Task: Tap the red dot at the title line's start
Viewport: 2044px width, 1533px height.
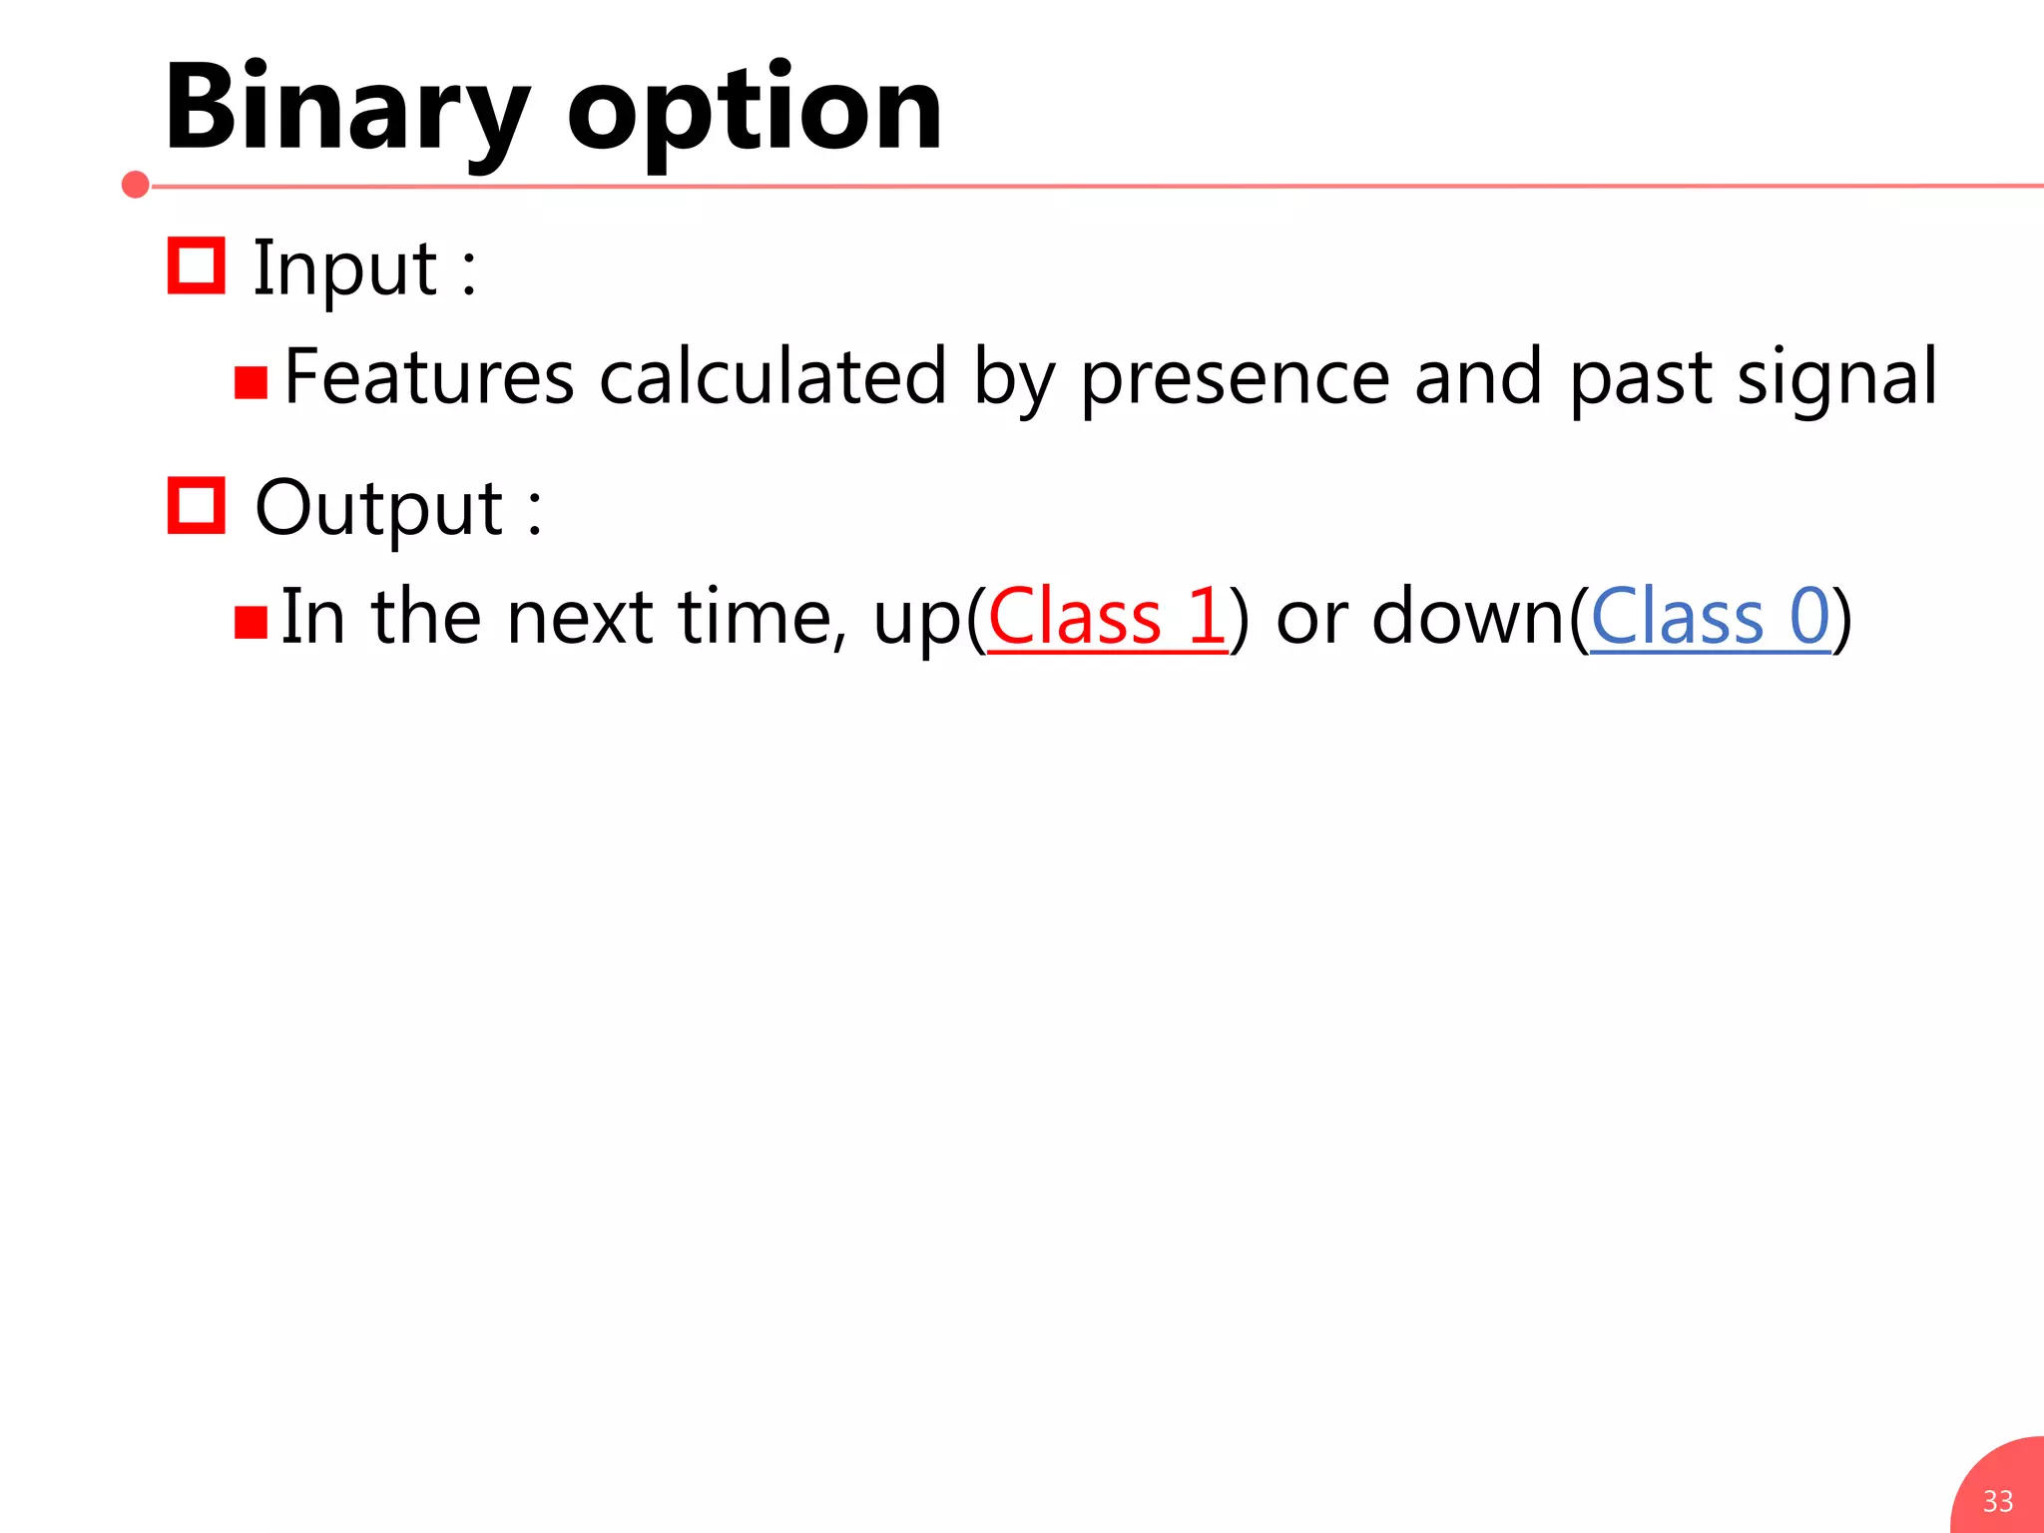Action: [136, 185]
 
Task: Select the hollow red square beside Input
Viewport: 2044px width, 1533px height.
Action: [196, 265]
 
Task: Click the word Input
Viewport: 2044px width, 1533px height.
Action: [344, 269]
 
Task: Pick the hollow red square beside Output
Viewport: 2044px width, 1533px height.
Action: [196, 505]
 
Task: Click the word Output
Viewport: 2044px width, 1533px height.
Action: [379, 509]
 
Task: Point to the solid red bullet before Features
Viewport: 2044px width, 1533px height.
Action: [251, 382]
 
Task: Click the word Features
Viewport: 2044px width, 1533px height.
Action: [429, 377]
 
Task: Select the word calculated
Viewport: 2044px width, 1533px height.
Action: [772, 377]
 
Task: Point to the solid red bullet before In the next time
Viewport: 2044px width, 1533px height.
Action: [251, 622]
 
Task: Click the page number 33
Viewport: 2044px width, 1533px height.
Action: [1997, 1501]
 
